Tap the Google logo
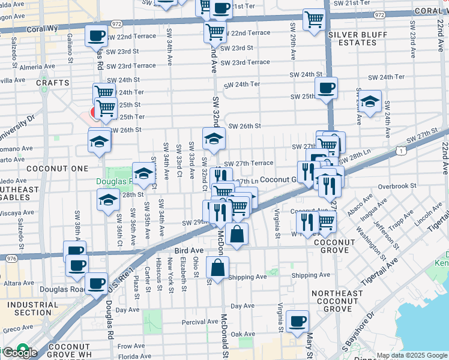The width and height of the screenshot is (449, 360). [19, 352]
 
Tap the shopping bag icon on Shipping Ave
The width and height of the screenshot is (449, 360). [217, 268]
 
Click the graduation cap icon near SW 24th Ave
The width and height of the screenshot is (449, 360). [370, 100]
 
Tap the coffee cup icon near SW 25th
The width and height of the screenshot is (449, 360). [326, 88]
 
